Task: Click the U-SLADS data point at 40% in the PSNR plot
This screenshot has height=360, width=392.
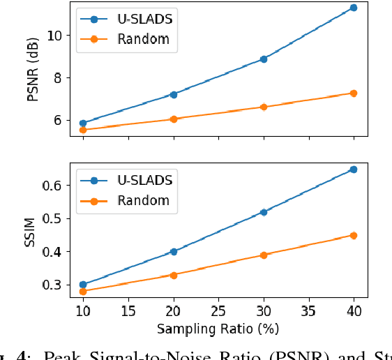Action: click(x=353, y=8)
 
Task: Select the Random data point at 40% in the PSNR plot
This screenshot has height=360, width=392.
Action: click(x=353, y=93)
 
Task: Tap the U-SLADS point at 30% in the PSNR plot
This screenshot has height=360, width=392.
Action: click(x=263, y=59)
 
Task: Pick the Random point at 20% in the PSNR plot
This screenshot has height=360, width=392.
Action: click(x=173, y=119)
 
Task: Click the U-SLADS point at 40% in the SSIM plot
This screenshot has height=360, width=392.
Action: click(x=353, y=170)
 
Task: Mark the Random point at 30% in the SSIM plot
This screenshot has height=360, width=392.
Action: click(x=263, y=255)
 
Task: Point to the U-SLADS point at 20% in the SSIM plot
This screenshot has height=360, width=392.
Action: click(x=173, y=252)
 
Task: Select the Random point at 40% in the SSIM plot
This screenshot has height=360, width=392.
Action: click(x=353, y=235)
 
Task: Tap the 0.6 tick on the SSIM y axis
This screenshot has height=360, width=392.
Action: click(x=54, y=186)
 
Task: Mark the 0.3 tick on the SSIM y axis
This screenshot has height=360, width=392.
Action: click(x=54, y=285)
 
